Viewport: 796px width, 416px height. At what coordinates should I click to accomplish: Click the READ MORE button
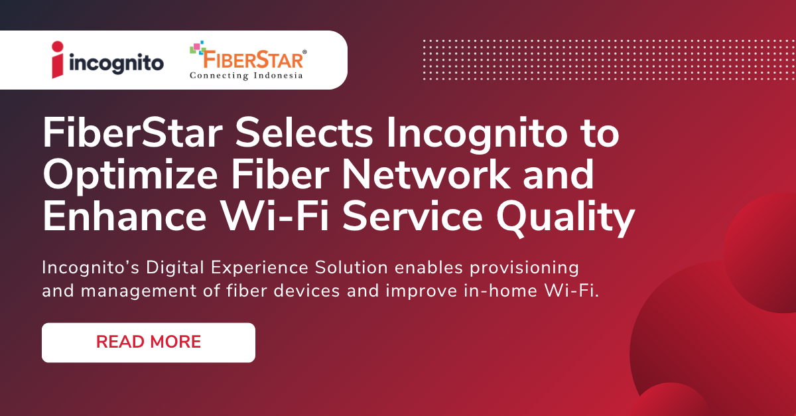tap(149, 342)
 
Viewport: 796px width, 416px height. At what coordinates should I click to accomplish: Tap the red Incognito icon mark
tap(60, 60)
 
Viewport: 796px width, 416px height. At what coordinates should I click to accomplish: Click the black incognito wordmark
tap(117, 64)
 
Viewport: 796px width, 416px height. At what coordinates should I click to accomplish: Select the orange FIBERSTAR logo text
tap(252, 60)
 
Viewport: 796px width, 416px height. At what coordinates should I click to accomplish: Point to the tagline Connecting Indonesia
tap(246, 76)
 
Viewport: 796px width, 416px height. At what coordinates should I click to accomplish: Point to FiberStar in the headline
tap(133, 135)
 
